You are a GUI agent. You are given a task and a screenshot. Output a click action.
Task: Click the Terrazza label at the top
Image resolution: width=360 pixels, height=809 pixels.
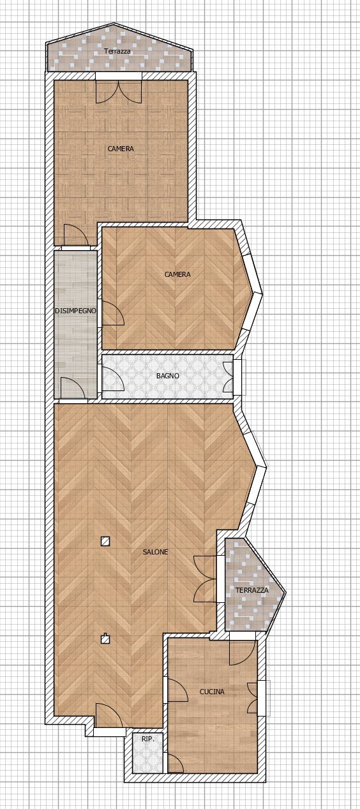117,51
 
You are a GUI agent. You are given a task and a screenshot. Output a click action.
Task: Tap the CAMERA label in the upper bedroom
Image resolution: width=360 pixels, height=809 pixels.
121,149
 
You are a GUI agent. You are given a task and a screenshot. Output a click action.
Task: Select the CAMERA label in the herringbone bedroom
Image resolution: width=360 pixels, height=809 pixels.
177,274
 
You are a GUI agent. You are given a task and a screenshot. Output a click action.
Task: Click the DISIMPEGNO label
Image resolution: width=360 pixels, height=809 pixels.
75,311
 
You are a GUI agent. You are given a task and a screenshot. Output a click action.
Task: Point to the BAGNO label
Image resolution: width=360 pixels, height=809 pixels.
168,376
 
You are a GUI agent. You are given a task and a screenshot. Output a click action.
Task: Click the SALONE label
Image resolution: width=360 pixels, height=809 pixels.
156,552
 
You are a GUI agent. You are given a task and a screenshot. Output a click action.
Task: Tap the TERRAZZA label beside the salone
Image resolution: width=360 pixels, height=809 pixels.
252,590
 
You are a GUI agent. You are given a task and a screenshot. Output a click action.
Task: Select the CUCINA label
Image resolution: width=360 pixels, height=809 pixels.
212,692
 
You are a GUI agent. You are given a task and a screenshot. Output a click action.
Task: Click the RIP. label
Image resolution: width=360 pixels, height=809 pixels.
147,739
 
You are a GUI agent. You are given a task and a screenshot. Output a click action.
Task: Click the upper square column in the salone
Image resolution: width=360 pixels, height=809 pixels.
105,542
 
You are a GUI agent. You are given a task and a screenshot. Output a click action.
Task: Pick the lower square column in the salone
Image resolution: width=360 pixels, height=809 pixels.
105,638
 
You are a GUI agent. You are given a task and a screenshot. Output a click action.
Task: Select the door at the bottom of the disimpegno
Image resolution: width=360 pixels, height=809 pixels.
73,389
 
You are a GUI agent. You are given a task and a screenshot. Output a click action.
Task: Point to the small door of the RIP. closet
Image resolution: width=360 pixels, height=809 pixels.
173,763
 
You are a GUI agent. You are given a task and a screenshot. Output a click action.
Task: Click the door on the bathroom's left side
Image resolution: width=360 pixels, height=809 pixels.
112,377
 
